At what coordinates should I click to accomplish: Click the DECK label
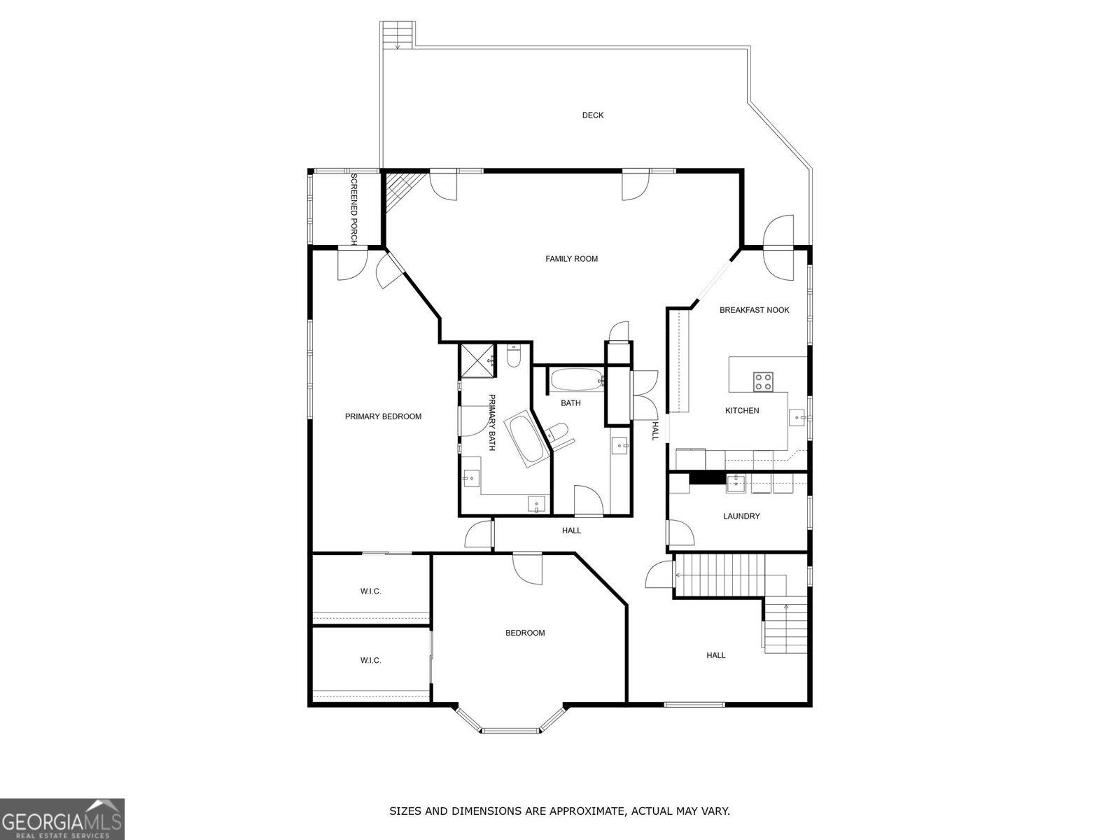[x=592, y=115]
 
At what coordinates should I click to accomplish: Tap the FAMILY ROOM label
[x=571, y=258]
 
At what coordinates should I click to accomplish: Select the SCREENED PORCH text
[x=353, y=209]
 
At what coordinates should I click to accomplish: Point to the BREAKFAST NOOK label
[x=754, y=309]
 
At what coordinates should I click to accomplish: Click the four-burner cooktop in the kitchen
[x=763, y=381]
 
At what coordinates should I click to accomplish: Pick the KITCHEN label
[x=742, y=411]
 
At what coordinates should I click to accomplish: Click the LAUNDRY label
[x=741, y=516]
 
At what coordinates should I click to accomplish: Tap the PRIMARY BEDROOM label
[x=383, y=416]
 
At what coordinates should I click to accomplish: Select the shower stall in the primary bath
[x=477, y=360]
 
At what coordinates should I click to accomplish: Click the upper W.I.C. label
[x=370, y=591]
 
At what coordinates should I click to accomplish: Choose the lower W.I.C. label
[x=370, y=661]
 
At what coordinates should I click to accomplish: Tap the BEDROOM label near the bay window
[x=525, y=633]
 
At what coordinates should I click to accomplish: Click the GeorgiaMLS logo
[x=62, y=818]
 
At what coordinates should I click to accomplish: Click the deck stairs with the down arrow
[x=398, y=35]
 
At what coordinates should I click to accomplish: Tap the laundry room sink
[x=736, y=483]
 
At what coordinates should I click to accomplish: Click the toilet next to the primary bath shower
[x=513, y=356]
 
